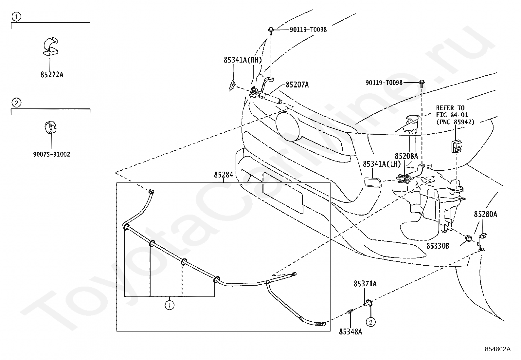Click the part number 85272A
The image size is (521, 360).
[x=52, y=75]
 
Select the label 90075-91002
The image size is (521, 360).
[x=51, y=154]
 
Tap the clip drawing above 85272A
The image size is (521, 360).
[x=51, y=47]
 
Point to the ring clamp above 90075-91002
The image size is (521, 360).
[x=50, y=127]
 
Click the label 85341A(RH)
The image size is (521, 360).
[x=243, y=60]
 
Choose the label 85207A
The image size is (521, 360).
[x=297, y=85]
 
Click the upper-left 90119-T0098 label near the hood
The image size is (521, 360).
[x=308, y=30]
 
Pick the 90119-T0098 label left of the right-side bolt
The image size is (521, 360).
[x=384, y=83]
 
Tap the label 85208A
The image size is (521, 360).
[x=406, y=156]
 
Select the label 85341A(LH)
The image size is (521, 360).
[x=382, y=164]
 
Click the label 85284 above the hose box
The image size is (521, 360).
[x=224, y=175]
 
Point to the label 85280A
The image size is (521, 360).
[x=485, y=214]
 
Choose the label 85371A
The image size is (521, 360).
[x=365, y=284]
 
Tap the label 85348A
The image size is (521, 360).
[x=350, y=332]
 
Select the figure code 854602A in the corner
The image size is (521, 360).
[x=497, y=349]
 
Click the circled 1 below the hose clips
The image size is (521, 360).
[x=170, y=305]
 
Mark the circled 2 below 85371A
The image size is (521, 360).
[x=370, y=322]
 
